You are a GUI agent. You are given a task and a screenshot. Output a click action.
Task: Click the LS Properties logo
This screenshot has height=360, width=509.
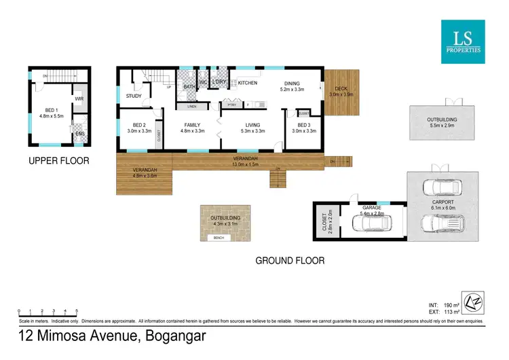464,42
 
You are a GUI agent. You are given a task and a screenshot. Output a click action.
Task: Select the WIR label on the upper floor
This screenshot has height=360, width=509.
78,99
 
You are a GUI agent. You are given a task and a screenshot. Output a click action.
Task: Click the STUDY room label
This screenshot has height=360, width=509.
134,96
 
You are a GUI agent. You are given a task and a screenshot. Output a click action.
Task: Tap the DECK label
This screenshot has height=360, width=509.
338,88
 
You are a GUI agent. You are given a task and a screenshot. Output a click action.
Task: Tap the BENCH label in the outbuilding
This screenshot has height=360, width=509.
219,238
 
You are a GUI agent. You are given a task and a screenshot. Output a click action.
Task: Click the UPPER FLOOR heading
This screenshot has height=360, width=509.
59,161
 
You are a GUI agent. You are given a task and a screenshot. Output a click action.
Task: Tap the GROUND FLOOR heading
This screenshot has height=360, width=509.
289,260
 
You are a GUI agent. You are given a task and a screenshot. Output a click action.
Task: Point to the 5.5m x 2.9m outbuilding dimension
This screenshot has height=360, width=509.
441,126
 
